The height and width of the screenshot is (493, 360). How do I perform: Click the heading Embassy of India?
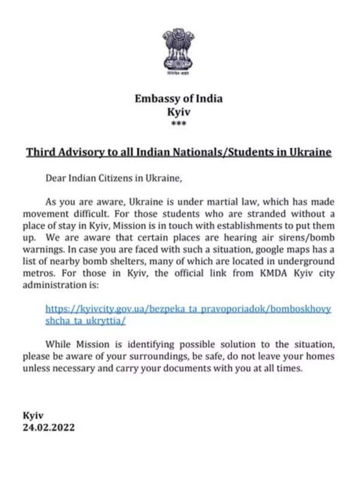pyautogui.click(x=179, y=99)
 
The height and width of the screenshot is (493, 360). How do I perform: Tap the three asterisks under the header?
pyautogui.click(x=179, y=124)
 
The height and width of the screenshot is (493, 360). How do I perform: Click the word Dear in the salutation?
pyautogui.click(x=58, y=178)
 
